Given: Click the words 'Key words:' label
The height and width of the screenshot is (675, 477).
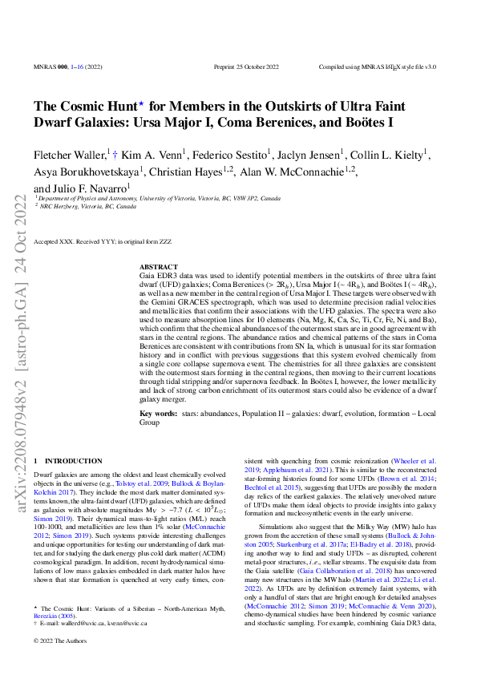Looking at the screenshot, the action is click(x=157, y=414).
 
